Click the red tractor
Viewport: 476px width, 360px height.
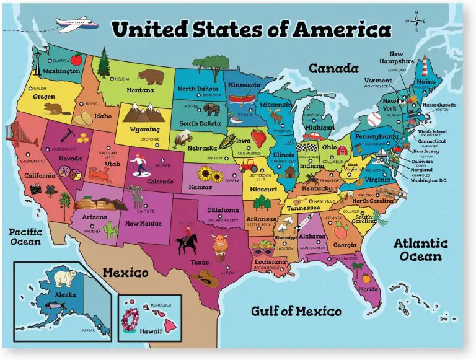[249, 165]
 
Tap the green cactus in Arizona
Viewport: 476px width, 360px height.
[111, 230]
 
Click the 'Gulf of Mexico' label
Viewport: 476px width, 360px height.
[296, 311]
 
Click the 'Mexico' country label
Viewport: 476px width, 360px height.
[125, 273]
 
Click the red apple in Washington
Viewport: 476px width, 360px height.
[76, 60]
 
